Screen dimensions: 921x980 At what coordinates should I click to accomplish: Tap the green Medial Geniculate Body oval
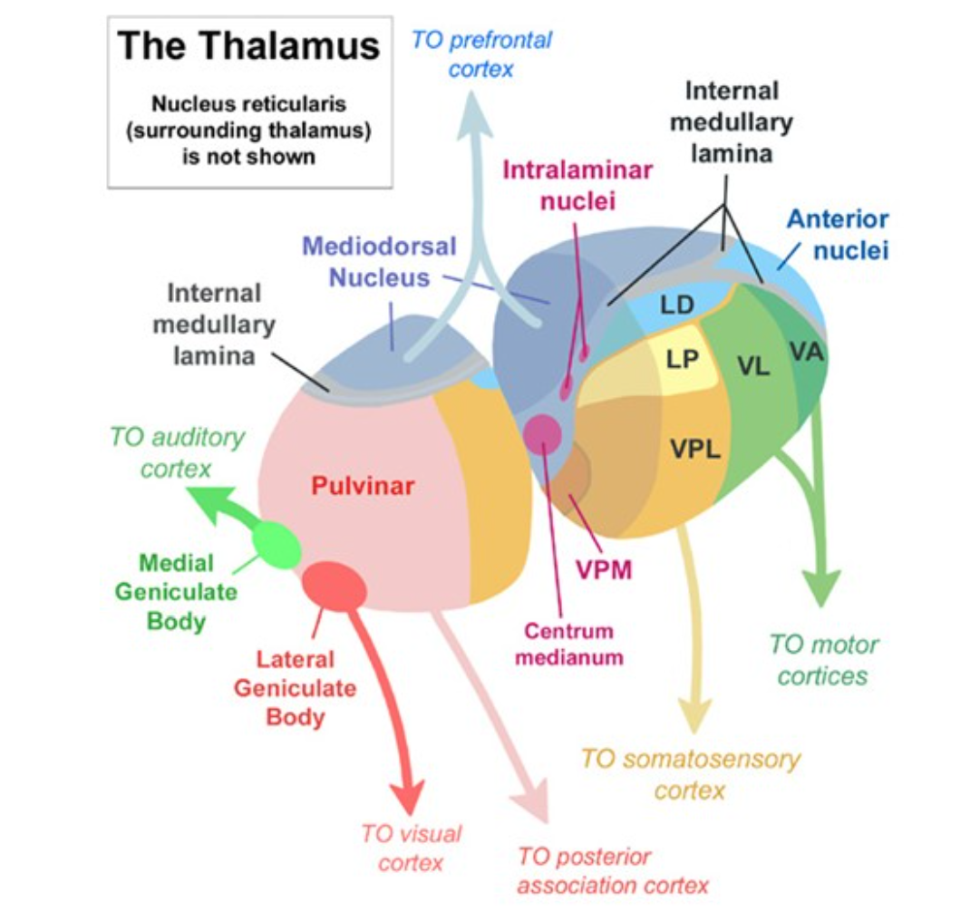click(276, 545)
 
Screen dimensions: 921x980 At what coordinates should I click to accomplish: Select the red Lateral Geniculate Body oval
click(334, 586)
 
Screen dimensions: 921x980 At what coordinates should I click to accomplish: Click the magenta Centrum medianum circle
click(544, 433)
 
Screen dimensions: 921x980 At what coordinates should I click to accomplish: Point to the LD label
click(676, 305)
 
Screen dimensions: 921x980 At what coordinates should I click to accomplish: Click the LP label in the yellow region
click(682, 359)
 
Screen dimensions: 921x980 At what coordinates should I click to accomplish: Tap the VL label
click(753, 367)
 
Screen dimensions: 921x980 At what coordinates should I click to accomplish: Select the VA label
click(806, 351)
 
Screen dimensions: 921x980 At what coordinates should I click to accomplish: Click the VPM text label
click(604, 570)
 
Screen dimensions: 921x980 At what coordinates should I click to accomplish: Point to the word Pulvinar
click(363, 486)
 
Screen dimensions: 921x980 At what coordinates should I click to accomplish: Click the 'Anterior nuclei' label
click(838, 234)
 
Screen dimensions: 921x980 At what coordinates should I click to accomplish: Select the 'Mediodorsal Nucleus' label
click(379, 261)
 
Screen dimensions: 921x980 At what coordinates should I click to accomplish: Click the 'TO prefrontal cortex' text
click(481, 54)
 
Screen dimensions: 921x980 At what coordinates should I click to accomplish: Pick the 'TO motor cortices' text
click(823, 660)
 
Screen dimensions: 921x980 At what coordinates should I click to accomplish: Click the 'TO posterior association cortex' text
click(613, 870)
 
